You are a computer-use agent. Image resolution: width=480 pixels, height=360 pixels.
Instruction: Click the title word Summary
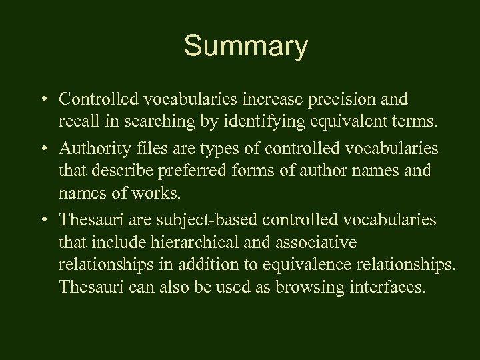(246, 47)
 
